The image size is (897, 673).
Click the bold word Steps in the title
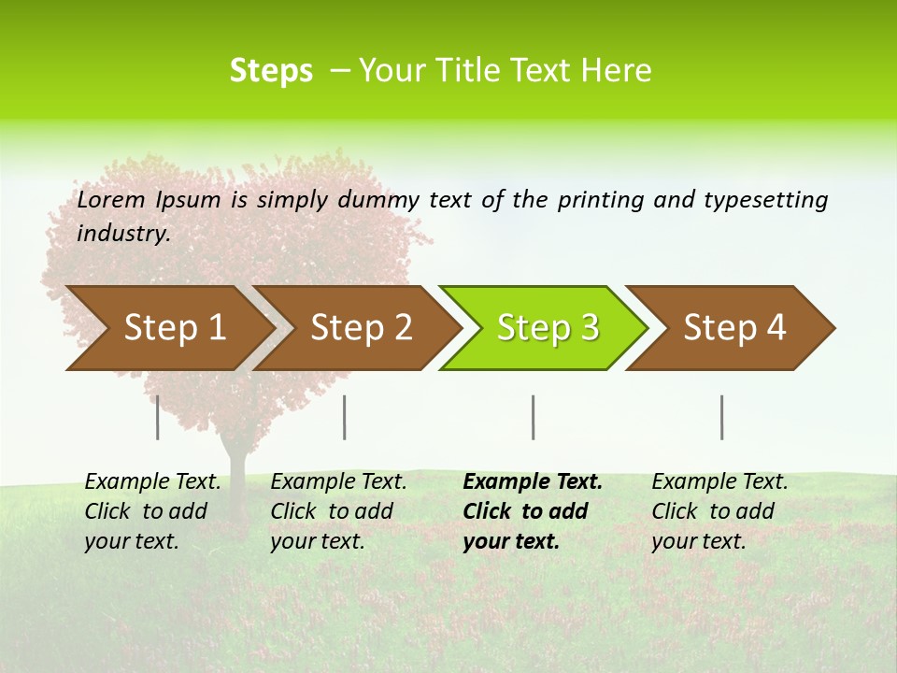click(x=271, y=71)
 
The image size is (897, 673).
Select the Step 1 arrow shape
click(x=168, y=328)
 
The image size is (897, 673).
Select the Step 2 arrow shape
click(x=359, y=328)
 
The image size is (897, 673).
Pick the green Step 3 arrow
click(x=546, y=328)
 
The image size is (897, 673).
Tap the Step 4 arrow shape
click(x=733, y=328)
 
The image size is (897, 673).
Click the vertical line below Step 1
click(x=158, y=417)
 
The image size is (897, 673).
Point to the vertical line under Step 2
click(x=345, y=417)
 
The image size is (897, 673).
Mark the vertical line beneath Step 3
click(x=533, y=417)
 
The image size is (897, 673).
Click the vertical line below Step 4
click(x=721, y=417)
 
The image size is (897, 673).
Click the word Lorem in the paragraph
click(x=111, y=200)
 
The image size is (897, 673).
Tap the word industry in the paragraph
click(x=122, y=234)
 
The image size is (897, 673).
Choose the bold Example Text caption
click(x=532, y=511)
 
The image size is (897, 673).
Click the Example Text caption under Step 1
click(x=152, y=511)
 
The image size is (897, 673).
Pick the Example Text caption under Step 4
click(x=719, y=511)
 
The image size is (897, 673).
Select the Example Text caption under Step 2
click(x=338, y=511)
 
